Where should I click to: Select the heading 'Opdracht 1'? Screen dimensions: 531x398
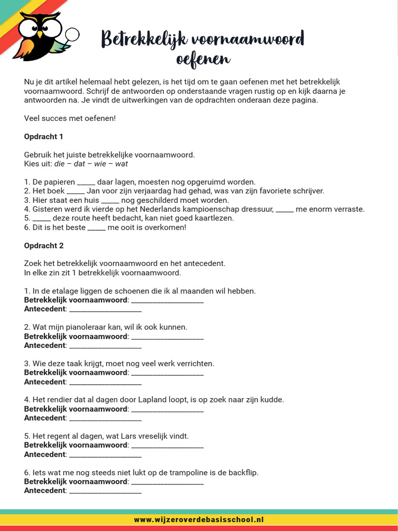[44, 136]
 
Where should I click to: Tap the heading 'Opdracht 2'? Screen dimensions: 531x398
[44, 245]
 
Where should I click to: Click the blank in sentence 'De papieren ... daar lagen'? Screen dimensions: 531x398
[86, 182]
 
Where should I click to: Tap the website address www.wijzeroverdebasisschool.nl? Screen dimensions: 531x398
[199, 519]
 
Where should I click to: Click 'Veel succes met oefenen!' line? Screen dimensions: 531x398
[70, 118]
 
